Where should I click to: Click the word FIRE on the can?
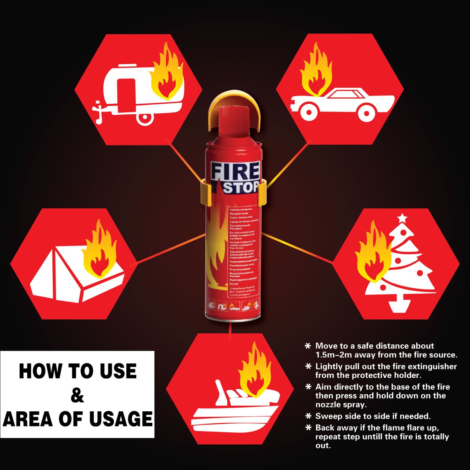pos(234,172)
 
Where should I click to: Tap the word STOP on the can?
pos(241,187)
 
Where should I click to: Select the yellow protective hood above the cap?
pos(232,103)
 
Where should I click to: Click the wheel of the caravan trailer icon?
pos(145,117)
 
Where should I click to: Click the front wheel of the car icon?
pos(308,111)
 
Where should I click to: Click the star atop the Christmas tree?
pos(403,218)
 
